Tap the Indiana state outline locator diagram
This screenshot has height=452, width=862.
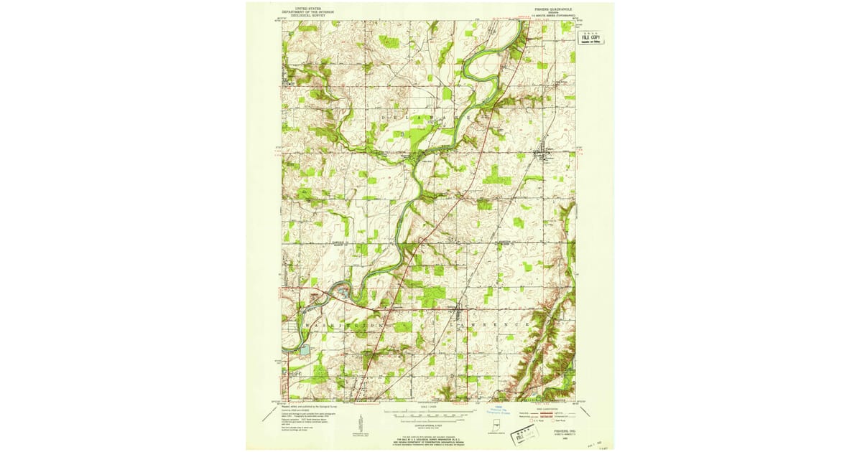point(495,430)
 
